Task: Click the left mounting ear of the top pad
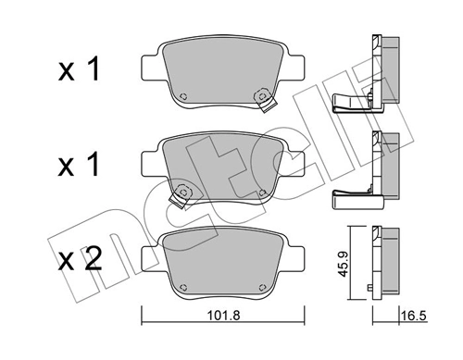click(148, 66)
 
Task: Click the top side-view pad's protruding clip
click(347, 105)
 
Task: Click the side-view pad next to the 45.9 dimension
click(380, 262)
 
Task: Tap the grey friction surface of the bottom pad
click(222, 259)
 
